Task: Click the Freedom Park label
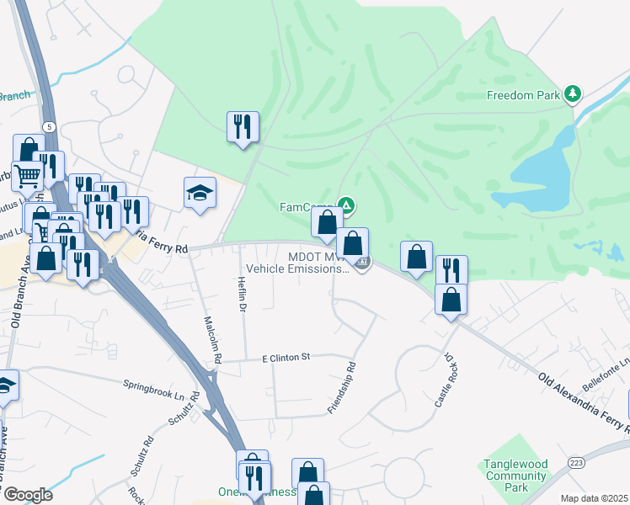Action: click(523, 95)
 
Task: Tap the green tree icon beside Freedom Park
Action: click(574, 93)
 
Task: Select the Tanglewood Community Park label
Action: click(515, 476)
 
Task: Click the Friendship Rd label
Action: click(343, 388)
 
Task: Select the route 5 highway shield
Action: click(50, 126)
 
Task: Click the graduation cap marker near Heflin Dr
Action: click(200, 194)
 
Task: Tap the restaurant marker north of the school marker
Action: click(243, 127)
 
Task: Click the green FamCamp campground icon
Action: click(346, 204)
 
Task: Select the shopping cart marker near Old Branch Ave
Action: click(26, 175)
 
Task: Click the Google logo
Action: click(27, 494)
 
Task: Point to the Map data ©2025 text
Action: click(594, 498)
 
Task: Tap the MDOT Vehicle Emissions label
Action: click(318, 263)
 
